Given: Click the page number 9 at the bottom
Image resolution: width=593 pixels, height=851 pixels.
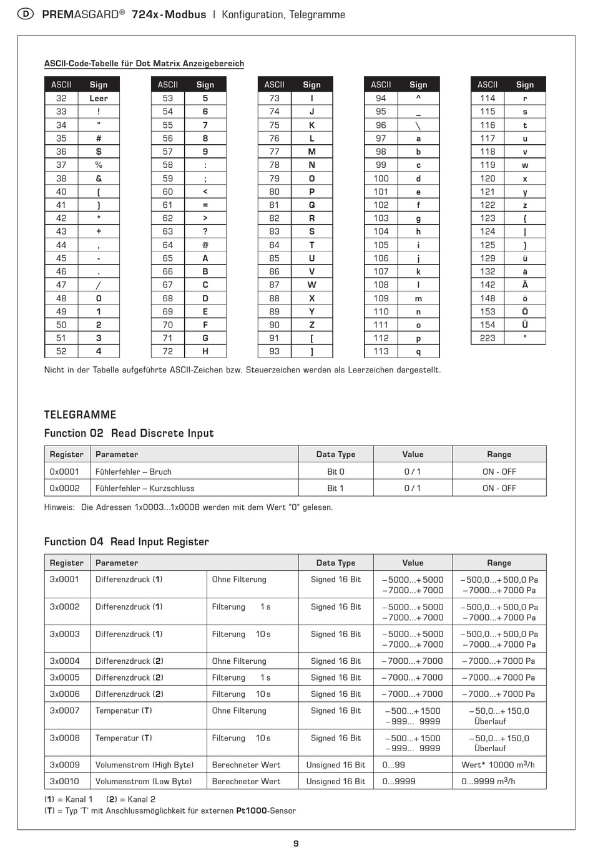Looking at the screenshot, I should (296, 844).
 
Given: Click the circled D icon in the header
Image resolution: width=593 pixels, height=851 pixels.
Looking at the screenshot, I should (26, 14).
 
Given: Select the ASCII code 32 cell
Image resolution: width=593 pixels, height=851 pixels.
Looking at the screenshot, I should (61, 98).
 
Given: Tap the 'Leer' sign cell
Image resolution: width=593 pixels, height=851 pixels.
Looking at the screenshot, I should (99, 98).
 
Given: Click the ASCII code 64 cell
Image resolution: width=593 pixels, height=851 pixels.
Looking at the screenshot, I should (168, 245).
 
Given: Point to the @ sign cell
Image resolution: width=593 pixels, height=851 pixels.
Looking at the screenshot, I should (205, 245).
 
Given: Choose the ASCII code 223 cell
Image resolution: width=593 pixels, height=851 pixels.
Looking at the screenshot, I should (488, 338).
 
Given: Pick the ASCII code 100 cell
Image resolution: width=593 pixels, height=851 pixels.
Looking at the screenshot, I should (381, 178).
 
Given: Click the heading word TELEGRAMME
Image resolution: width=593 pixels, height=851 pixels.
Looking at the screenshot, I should (80, 415).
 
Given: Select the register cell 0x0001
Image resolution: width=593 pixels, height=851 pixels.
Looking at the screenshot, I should (65, 472).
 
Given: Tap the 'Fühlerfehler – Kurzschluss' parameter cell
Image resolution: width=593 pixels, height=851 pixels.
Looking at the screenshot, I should (145, 488).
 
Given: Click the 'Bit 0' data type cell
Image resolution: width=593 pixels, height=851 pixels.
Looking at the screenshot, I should (336, 472).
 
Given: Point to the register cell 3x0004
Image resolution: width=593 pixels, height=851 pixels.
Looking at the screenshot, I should (65, 661).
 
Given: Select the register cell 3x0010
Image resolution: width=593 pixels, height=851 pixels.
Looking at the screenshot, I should (65, 781).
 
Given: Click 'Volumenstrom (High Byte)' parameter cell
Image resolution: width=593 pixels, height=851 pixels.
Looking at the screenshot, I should (144, 765).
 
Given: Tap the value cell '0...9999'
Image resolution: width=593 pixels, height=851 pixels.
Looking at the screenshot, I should (399, 781).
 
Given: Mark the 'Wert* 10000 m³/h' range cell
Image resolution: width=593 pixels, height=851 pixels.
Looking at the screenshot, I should (498, 765).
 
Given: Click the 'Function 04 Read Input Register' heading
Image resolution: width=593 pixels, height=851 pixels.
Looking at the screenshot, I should (126, 542).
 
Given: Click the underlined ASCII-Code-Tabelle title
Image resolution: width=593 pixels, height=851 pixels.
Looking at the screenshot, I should (144, 64).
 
